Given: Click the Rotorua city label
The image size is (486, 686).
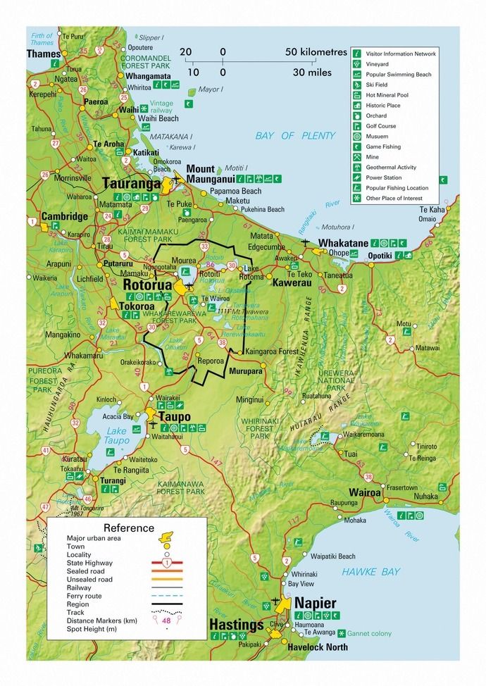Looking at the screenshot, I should click(x=148, y=285).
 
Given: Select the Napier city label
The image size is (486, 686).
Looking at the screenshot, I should click(x=315, y=604).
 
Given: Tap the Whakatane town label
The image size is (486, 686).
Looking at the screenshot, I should click(x=342, y=242).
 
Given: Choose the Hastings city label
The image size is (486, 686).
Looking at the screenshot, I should click(x=236, y=625).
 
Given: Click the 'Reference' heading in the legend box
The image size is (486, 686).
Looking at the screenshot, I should click(x=128, y=528).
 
